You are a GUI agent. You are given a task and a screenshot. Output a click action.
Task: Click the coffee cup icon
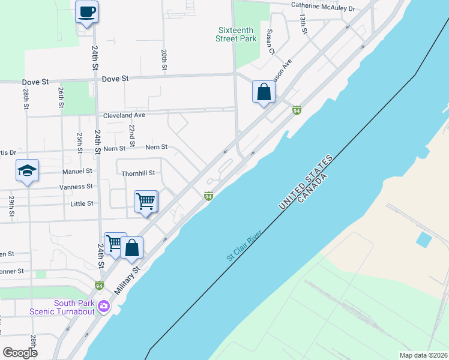[x=86, y=11]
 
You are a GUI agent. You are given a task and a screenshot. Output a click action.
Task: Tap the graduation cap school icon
[x=27, y=171]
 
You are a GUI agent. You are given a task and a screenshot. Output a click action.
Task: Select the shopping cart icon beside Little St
[x=146, y=202]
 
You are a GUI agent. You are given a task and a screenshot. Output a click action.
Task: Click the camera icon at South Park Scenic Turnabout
[x=104, y=306]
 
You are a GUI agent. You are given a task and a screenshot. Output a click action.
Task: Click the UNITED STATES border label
[x=304, y=182]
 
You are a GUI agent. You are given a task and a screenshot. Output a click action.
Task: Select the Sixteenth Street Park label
[x=236, y=34]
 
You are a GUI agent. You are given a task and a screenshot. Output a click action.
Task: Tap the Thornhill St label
[x=138, y=173]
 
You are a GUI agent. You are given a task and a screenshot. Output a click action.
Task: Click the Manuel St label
[x=77, y=171]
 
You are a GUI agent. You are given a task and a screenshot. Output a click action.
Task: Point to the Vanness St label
[x=76, y=187]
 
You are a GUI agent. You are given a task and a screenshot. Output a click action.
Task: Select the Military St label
[x=127, y=280]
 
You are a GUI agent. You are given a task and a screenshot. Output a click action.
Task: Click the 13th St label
[x=304, y=25]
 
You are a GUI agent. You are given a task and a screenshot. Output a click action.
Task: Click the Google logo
[x=20, y=352]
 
